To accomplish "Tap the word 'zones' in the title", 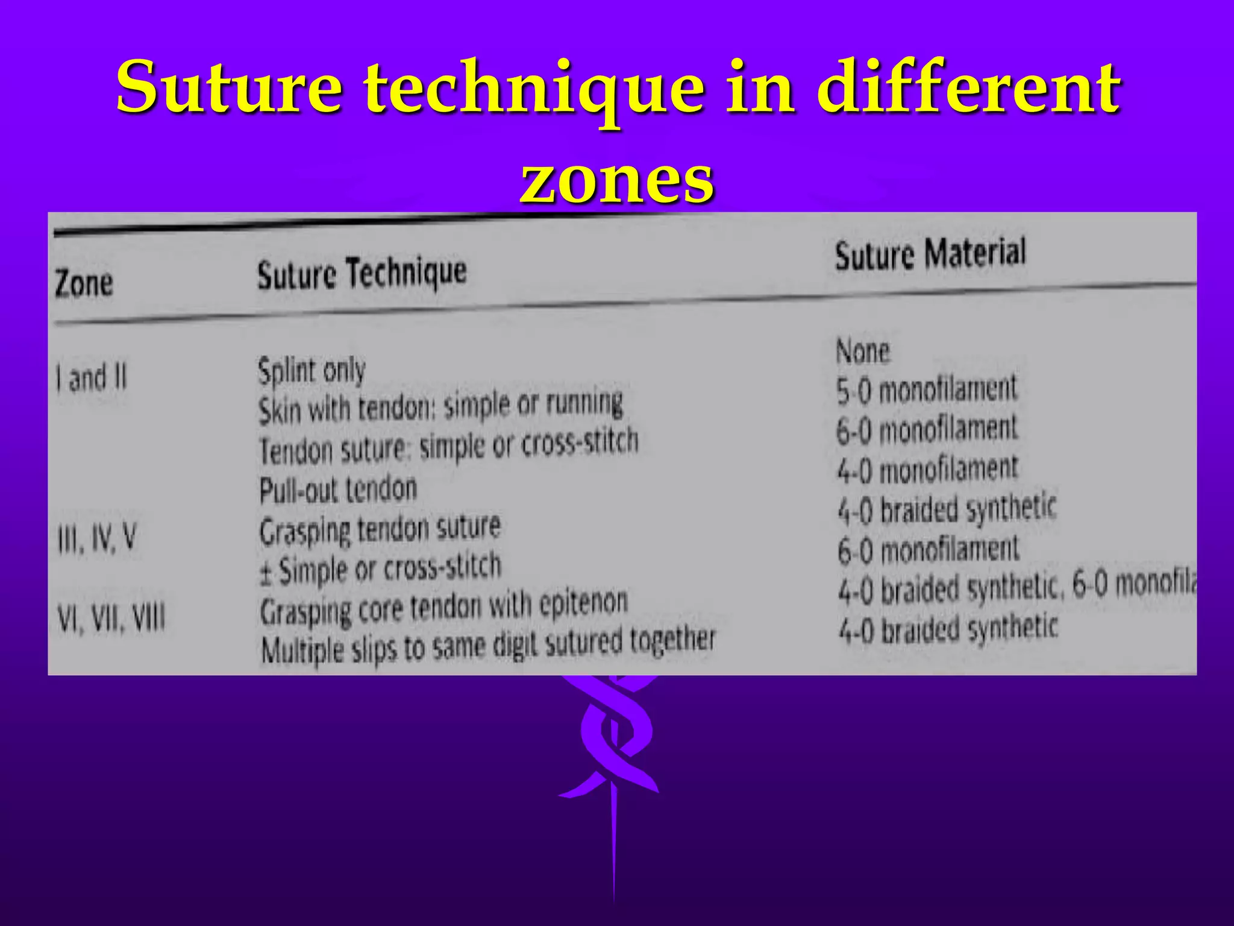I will pos(617,177).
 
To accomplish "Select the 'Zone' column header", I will pos(84,283).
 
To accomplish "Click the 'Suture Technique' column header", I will pos(362,273).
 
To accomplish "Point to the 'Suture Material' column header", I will pos(930,254).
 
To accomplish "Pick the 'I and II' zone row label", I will pos(92,378).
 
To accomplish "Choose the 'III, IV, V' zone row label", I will pos(96,538).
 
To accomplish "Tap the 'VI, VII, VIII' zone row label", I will pos(111,618).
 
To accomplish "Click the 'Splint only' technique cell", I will pos(312,370).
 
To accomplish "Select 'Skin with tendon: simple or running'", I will pos(440,406).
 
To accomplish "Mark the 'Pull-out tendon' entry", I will pos(338,490).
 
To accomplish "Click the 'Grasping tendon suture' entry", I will pos(380,530).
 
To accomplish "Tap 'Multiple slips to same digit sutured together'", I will pos(488,644).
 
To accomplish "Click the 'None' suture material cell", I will pos(862,351).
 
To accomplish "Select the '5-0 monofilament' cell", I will pos(926,389).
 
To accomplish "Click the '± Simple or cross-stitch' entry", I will pos(380,569).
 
